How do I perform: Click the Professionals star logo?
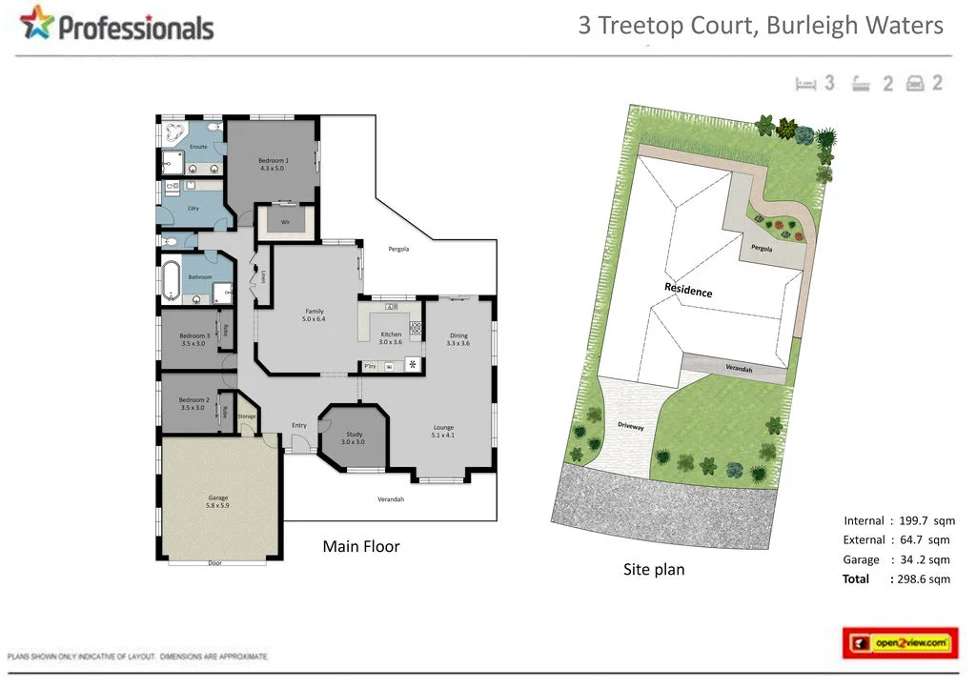[37, 24]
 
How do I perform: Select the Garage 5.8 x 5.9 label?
[218, 501]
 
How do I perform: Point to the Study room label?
[353, 437]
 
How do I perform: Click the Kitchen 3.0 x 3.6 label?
[392, 338]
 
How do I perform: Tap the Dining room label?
[458, 338]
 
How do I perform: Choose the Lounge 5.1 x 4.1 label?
[443, 431]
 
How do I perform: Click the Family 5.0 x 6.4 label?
[315, 315]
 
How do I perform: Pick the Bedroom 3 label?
[193, 339]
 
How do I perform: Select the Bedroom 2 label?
[193, 403]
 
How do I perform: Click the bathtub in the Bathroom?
[172, 278]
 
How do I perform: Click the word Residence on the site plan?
[688, 290]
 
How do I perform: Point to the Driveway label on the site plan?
[631, 427]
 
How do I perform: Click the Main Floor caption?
[361, 546]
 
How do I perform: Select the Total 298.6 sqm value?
[921, 578]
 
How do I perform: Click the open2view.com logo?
[901, 643]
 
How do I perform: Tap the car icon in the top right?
[916, 83]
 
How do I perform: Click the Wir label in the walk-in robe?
[285, 222]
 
